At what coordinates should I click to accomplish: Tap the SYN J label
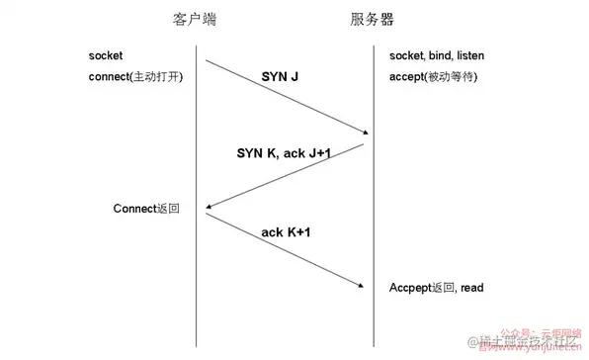coord(280,75)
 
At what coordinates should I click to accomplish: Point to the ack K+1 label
coord(286,232)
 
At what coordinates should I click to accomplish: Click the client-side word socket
coord(106,55)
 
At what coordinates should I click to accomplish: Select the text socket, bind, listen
coord(437,55)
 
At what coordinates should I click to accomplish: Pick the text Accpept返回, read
coord(436,288)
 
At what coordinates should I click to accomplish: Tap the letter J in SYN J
coord(294,75)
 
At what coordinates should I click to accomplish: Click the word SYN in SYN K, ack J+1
coord(250,154)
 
